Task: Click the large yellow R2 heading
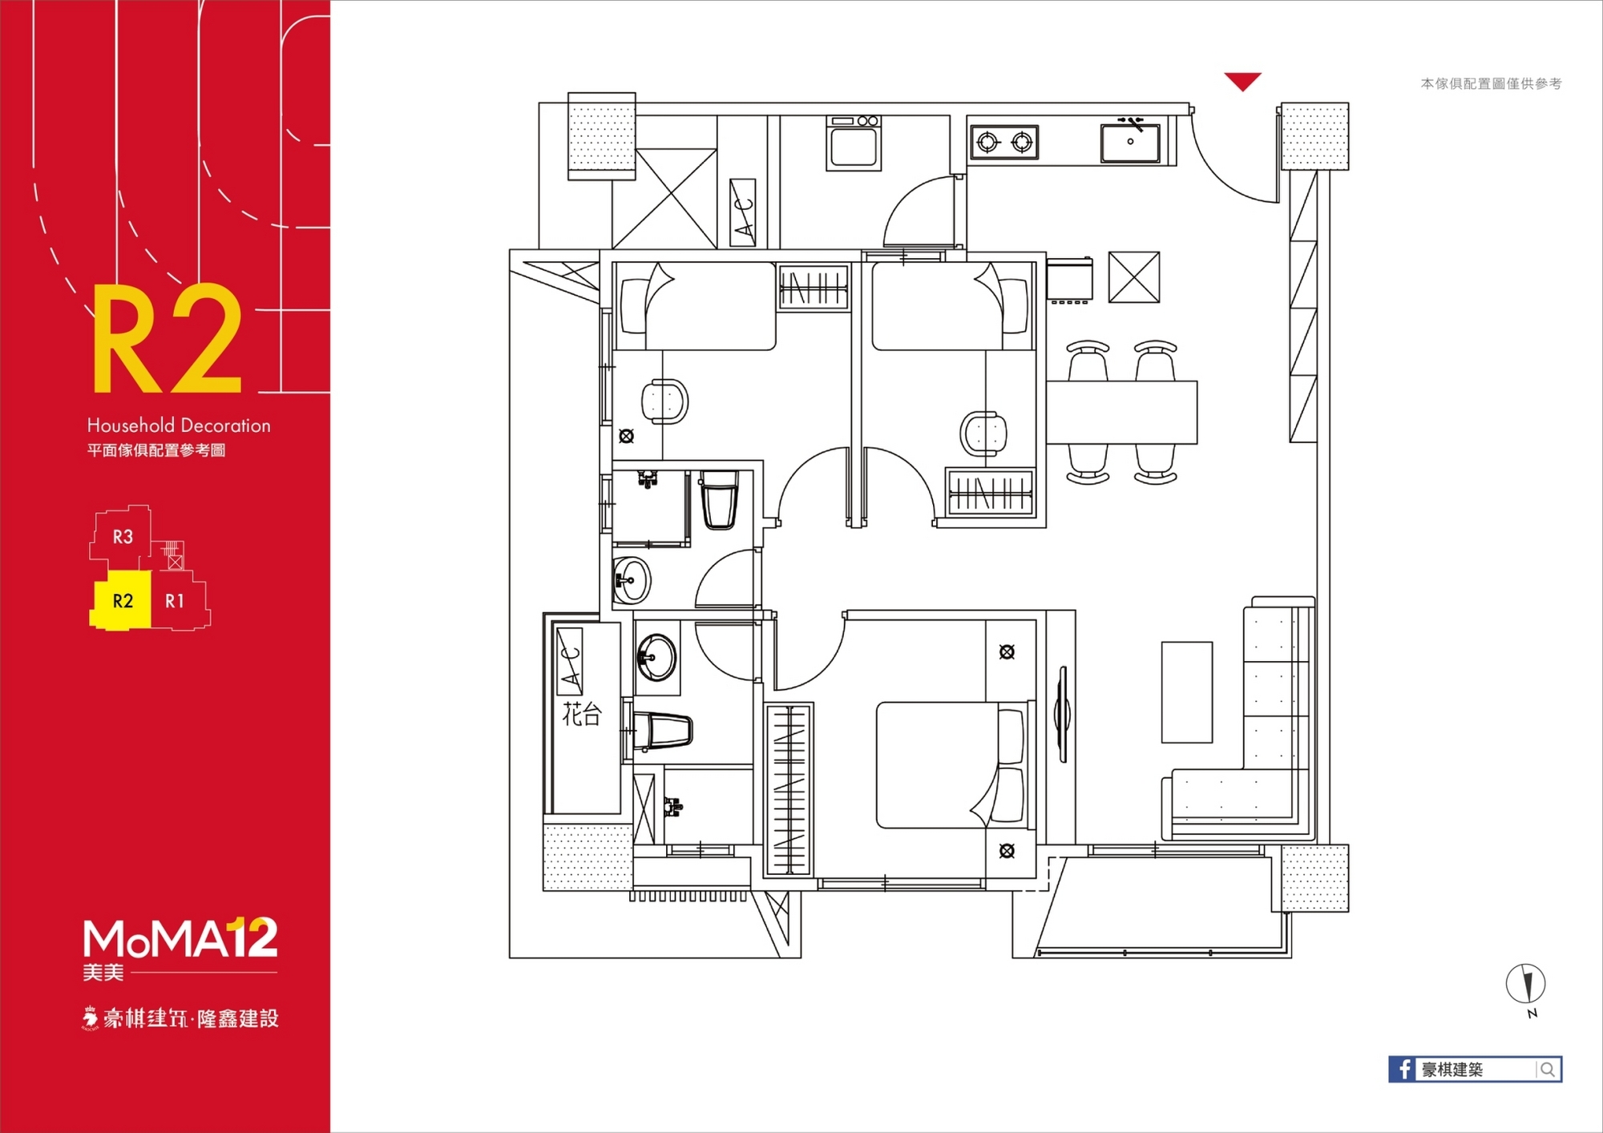168,338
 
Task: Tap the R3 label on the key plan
123,537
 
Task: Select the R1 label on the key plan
175,601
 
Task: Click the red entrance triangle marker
1242,81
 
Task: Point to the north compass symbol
1525,985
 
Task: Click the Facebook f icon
1403,1069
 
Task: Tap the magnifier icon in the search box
1548,1069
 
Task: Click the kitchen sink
1130,141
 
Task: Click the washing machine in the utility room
854,143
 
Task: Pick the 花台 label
582,713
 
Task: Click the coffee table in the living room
1187,692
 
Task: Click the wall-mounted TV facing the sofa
1062,713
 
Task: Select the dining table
1121,413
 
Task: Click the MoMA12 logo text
180,938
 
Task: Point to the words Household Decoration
179,425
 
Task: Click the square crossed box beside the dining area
1134,277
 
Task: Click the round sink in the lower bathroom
656,657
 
